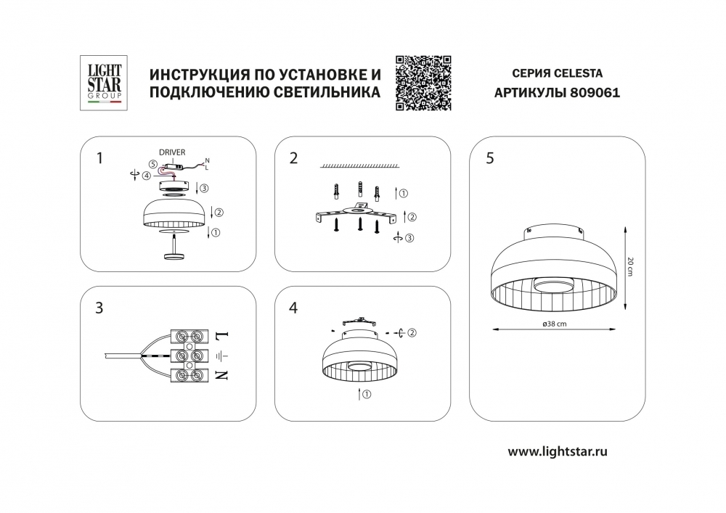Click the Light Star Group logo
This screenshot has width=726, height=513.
point(104,83)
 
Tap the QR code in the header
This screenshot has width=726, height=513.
point(423,83)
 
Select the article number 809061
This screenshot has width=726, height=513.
point(595,93)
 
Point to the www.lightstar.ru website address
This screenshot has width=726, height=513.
point(558,451)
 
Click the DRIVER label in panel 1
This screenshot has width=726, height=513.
point(172,152)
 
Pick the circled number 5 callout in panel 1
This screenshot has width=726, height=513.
point(153,164)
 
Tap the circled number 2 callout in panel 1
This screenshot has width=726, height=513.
point(219,213)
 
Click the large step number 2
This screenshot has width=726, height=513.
point(293,158)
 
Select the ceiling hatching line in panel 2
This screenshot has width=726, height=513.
point(359,165)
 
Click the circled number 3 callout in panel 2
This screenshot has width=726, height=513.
point(409,238)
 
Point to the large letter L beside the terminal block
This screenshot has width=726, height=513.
point(222,335)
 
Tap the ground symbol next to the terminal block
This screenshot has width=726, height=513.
point(222,356)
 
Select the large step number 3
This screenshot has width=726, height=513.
point(99,308)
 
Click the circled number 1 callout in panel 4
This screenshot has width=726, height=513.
point(367,395)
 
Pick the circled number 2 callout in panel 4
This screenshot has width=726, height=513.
point(412,332)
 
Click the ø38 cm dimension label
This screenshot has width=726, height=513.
point(554,324)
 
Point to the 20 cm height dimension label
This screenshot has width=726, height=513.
point(630,267)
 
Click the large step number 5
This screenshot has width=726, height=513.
point(490,158)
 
